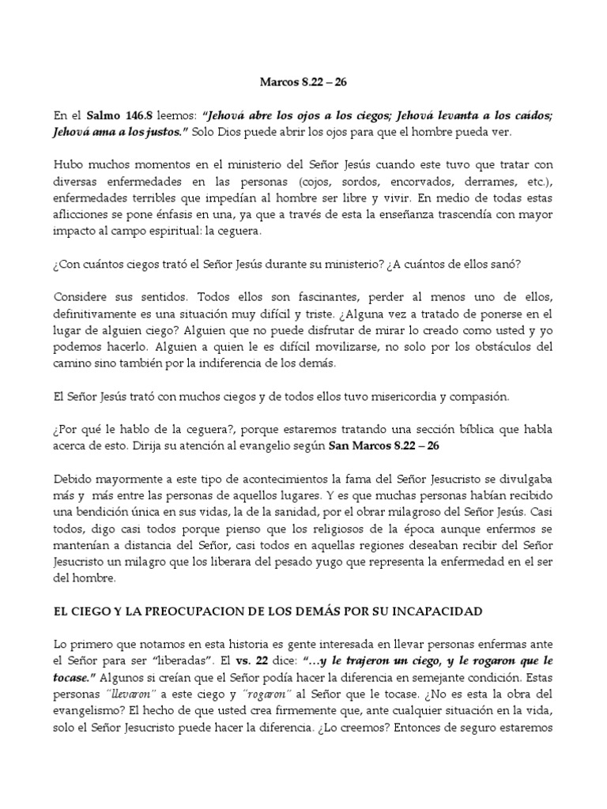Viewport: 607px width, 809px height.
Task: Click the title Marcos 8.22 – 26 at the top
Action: (303, 81)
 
